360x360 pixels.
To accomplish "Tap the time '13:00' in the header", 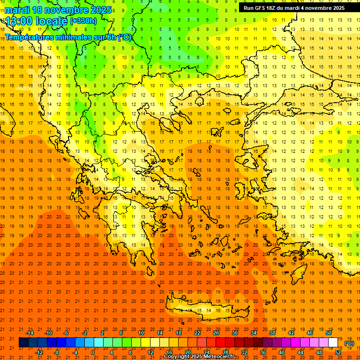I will [x=19, y=21].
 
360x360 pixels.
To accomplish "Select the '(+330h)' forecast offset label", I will [x=83, y=21].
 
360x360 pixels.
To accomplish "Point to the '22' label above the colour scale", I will [x=197, y=333].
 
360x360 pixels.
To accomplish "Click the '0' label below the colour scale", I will [x=93, y=352].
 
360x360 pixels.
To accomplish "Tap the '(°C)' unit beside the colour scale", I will [x=349, y=343].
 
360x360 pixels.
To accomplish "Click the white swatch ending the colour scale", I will [x=333, y=343].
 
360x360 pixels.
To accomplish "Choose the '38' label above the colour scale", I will [x=272, y=333].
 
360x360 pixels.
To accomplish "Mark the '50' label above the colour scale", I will [x=329, y=333].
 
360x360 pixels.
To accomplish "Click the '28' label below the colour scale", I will [x=225, y=352].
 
